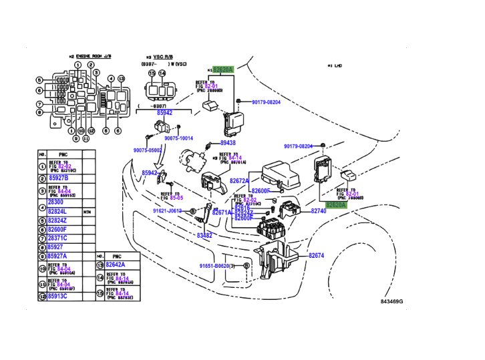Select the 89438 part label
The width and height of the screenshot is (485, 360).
pos(228,143)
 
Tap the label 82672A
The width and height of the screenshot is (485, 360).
pos(239,181)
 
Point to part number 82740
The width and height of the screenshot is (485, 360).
pos(318,211)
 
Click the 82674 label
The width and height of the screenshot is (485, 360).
pos(315,256)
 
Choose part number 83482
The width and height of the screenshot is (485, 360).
pos(204,235)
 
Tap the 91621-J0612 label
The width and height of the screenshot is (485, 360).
pos(166,211)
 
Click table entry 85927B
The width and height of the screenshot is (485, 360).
pos(58,178)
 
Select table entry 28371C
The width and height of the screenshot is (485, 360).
pos(57,238)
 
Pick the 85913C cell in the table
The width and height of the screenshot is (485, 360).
pos(57,297)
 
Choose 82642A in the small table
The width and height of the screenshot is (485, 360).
pos(115,264)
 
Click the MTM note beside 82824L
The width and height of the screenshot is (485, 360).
pos(87,211)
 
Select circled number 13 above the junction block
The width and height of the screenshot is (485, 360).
pos(121,79)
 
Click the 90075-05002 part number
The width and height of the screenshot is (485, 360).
pos(149,151)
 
